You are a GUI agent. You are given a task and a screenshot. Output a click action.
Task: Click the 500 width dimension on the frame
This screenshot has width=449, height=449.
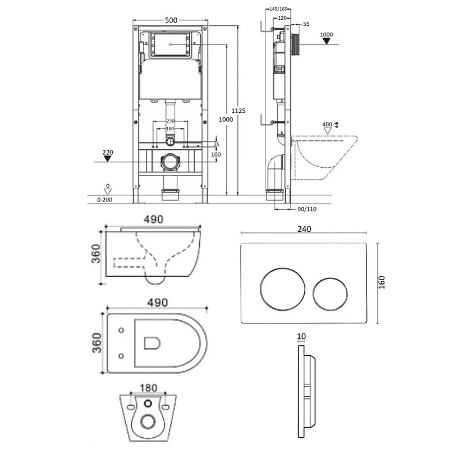point(171,20)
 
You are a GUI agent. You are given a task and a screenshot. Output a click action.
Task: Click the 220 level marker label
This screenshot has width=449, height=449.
point(108,152)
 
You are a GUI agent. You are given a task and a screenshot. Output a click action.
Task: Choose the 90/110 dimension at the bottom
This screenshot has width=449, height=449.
point(306,209)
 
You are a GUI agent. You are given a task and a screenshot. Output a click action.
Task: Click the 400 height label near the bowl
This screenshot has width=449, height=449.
point(327,123)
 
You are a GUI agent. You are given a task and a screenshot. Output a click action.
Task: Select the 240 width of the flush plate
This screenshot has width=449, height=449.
point(304,229)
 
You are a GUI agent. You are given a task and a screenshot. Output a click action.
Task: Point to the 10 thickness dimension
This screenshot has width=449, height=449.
point(302,337)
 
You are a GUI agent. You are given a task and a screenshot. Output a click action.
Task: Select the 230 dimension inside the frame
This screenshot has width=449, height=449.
point(171,122)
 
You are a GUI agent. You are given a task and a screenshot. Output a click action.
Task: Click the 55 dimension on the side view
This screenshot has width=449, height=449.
point(305,24)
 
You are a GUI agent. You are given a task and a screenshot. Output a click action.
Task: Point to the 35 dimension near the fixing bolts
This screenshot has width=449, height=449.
point(217,144)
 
